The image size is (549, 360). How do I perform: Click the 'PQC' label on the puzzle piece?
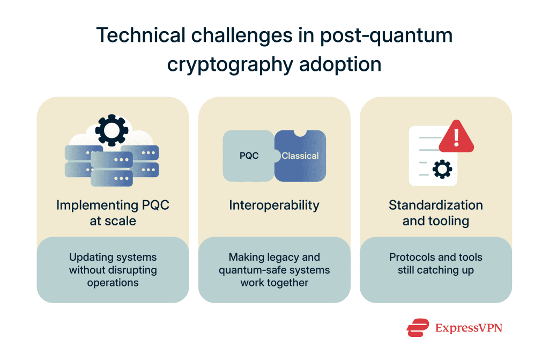(x=249, y=156)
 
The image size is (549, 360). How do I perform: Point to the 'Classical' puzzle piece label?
(x=300, y=156)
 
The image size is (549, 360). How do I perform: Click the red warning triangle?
(x=456, y=137)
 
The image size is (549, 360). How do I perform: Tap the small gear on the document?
(x=442, y=170)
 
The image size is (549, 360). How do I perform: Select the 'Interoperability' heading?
(x=274, y=205)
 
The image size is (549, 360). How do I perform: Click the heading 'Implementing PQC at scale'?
(x=113, y=212)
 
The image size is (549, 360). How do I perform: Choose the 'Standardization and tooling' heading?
(x=435, y=212)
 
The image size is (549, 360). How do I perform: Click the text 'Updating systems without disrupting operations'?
(x=113, y=270)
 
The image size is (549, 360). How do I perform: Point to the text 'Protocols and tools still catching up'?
(x=435, y=263)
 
